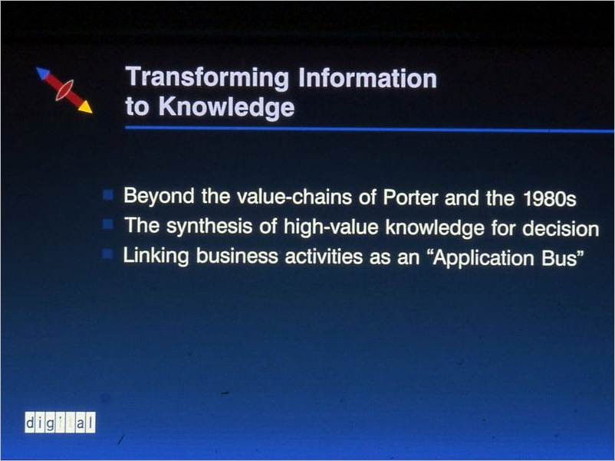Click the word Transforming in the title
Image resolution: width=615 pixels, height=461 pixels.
[x=207, y=77]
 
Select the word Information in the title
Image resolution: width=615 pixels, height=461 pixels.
[x=367, y=78]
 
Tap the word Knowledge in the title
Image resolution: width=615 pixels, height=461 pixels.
[x=226, y=106]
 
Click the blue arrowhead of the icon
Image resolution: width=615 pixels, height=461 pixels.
[x=43, y=74]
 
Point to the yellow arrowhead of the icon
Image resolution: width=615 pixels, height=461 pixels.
[x=86, y=107]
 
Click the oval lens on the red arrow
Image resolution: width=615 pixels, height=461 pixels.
[x=64, y=90]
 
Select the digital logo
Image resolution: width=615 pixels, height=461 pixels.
[x=60, y=423]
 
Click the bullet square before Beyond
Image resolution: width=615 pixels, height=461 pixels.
[x=108, y=195]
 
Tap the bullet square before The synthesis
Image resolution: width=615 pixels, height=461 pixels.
[x=108, y=224]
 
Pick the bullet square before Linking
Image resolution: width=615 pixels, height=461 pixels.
[x=108, y=254]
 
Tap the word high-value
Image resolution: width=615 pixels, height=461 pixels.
[x=331, y=227]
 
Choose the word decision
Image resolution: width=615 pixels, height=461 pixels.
[x=561, y=228]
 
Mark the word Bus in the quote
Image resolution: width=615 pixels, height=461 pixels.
[x=560, y=259]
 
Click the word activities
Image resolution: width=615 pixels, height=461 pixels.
[x=324, y=257]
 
